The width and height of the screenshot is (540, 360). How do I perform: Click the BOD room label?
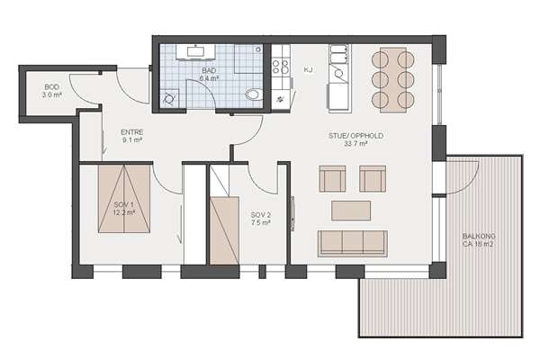(51, 87)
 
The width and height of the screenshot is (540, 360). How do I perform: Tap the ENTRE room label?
(132, 132)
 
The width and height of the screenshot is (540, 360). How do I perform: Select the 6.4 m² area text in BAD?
(209, 78)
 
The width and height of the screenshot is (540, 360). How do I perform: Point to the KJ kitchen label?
(308, 70)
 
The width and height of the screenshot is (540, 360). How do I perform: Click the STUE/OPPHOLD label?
(355, 136)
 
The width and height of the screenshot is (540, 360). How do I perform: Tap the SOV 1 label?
(123, 205)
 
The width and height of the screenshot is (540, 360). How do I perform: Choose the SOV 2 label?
(260, 215)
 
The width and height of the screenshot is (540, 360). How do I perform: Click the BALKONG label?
(479, 237)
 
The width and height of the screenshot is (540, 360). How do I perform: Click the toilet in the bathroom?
(253, 94)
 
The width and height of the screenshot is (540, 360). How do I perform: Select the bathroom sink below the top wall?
(195, 51)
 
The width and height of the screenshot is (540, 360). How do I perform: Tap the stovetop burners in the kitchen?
(281, 67)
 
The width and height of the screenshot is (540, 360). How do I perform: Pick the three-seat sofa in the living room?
(353, 244)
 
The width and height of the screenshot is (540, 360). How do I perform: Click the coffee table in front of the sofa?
(351, 211)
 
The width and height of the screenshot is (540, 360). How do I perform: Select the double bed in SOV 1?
(124, 199)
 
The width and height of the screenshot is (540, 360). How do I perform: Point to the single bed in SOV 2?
(224, 230)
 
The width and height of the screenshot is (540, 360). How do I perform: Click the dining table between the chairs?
(393, 80)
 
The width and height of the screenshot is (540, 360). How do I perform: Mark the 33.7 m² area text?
(355, 144)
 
